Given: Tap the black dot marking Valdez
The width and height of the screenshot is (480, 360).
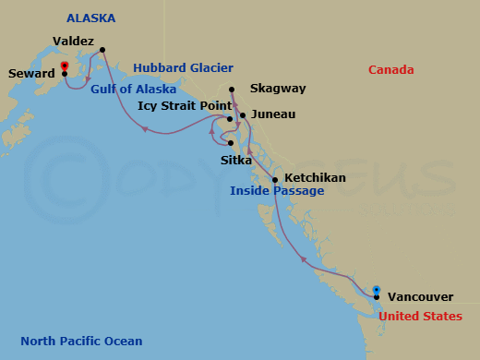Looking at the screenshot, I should pyautogui.click(x=102, y=50).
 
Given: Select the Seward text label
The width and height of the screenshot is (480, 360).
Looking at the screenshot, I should pyautogui.click(x=30, y=74).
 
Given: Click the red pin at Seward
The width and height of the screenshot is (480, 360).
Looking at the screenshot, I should pyautogui.click(x=64, y=66).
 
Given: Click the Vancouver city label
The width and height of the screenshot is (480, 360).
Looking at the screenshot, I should pyautogui.click(x=420, y=297).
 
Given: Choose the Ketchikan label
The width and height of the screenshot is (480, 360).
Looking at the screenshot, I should pyautogui.click(x=315, y=177).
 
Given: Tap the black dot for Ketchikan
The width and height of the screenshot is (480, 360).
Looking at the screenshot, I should pyautogui.click(x=275, y=178).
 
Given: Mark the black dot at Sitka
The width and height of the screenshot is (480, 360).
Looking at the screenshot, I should pyautogui.click(x=231, y=143).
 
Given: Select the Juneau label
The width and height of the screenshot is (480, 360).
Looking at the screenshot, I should pyautogui.click(x=273, y=114).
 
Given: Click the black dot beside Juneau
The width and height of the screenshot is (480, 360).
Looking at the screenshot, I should pyautogui.click(x=243, y=115).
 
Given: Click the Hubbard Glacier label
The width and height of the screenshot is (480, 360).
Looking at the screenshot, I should pyautogui.click(x=183, y=67).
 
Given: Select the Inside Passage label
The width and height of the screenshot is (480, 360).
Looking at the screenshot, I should pyautogui.click(x=277, y=191).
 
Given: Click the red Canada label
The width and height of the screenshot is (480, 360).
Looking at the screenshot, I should pyautogui.click(x=390, y=70).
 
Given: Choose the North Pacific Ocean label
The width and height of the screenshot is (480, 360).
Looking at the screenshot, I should pyautogui.click(x=81, y=342).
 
